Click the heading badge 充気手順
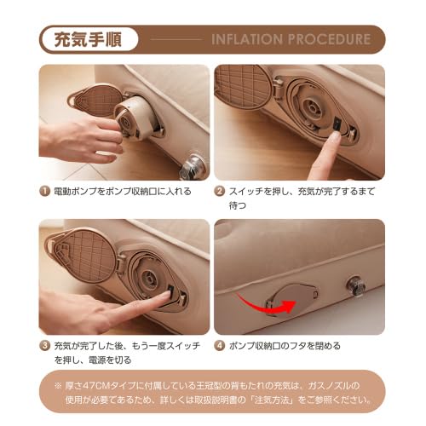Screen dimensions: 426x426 tap(84, 39)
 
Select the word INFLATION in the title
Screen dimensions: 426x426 tap(246, 39)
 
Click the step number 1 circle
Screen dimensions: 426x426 tap(45, 191)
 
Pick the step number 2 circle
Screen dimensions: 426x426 tap(220, 191)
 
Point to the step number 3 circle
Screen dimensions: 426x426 tap(45, 347)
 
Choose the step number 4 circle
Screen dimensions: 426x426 tap(220, 346)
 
